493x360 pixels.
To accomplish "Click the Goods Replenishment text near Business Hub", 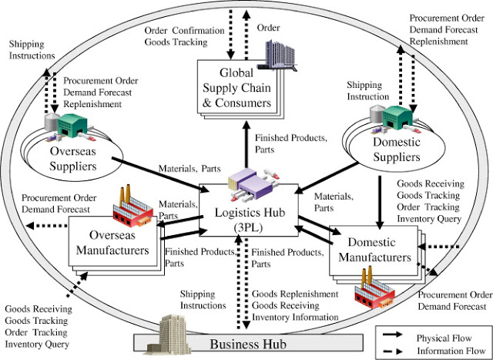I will click(293, 294).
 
